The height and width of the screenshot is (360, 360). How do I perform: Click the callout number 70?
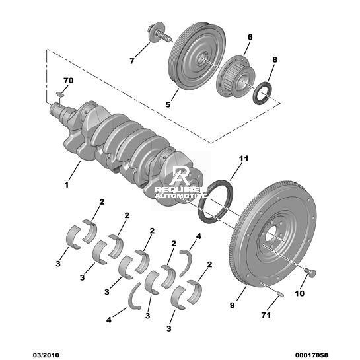pyautogui.click(x=69, y=81)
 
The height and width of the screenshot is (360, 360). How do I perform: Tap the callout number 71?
pyautogui.click(x=266, y=315)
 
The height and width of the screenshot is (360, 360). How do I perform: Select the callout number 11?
pyautogui.click(x=244, y=159)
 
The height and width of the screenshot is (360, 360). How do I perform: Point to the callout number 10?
pyautogui.click(x=299, y=293)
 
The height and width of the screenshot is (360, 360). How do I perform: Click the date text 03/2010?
pyautogui.click(x=46, y=355)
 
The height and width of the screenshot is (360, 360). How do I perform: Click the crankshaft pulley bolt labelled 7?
pyautogui.click(x=159, y=34)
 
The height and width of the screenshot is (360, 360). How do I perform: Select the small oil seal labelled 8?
pyautogui.click(x=263, y=93)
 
